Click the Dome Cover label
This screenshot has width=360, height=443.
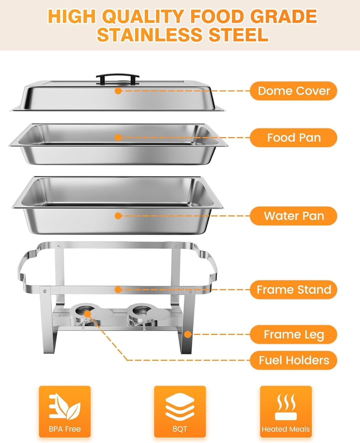[293, 91]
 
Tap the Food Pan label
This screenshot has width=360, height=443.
[293, 138]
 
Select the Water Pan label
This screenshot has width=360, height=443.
[293, 216]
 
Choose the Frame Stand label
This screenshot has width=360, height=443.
[293, 290]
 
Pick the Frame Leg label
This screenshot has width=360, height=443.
[293, 335]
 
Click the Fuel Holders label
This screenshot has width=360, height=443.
[293, 360]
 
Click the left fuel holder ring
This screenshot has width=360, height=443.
[83, 312]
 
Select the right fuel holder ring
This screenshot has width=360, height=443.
[140, 312]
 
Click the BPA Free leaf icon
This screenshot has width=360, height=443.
[64, 406]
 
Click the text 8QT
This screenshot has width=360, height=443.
[180, 429]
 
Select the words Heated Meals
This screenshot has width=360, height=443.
[286, 429]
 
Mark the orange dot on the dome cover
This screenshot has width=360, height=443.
[118, 91]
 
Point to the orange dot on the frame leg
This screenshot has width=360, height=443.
[188, 335]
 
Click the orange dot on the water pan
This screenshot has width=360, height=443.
[118, 216]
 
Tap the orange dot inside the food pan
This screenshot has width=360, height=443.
[118, 138]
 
